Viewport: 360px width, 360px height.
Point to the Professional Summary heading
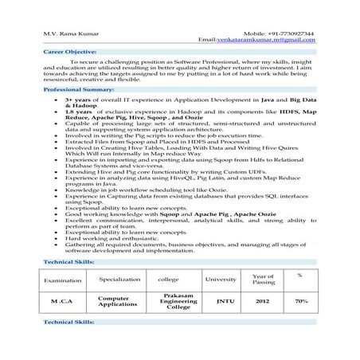(x=78, y=92)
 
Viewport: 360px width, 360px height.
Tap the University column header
(x=221, y=280)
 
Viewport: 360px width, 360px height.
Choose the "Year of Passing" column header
(x=263, y=280)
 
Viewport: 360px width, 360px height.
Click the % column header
(x=299, y=276)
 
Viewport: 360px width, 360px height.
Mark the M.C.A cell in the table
(x=62, y=303)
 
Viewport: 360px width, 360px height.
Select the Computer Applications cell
(x=119, y=303)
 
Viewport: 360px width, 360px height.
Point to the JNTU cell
(x=221, y=303)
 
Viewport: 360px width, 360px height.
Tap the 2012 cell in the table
(x=263, y=303)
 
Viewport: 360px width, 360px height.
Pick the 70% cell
(x=302, y=303)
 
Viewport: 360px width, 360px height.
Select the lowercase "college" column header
(x=169, y=280)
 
